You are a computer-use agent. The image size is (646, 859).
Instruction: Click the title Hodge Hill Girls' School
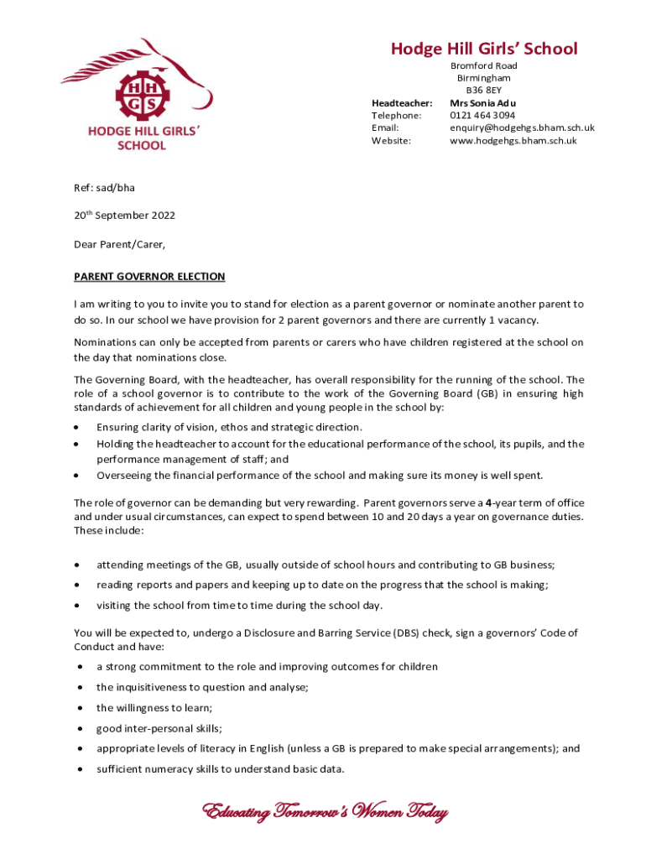click(484, 49)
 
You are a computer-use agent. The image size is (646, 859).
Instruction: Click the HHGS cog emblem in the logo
click(141, 94)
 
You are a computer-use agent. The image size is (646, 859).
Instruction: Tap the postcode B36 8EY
click(484, 90)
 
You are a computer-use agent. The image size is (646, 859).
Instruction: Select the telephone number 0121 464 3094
click(482, 115)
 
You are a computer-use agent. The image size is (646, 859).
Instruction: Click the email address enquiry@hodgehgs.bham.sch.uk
click(522, 128)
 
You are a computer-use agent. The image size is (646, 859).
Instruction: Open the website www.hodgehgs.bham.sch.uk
click(513, 141)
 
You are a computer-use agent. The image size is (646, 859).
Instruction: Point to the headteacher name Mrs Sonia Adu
click(483, 102)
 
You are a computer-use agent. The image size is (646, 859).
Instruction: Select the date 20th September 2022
click(124, 216)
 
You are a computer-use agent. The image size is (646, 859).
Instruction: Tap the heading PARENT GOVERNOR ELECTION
click(149, 276)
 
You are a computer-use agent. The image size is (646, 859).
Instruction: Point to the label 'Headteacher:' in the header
click(401, 102)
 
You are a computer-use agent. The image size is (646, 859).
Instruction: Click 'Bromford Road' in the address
click(484, 65)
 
